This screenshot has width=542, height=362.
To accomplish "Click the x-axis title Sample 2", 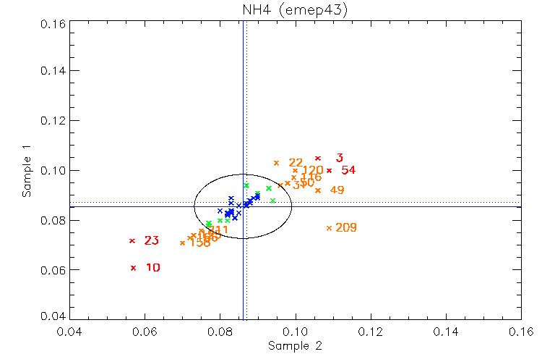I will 295,346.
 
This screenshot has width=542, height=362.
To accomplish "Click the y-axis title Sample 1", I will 27,171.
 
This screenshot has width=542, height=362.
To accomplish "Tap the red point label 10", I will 153,268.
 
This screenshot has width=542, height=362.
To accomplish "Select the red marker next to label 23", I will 132,240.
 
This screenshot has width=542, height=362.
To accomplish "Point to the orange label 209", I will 346,228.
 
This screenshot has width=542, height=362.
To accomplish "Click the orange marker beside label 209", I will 329,228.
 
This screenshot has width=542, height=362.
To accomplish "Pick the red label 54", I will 348,171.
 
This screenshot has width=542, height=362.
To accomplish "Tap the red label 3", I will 340,158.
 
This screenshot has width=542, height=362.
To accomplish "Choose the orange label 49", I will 337,190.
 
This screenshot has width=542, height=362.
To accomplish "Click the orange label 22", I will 296,163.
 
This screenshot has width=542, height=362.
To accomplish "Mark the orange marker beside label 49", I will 318,190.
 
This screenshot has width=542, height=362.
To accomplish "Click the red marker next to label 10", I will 133,268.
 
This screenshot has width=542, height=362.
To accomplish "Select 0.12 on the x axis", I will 371,334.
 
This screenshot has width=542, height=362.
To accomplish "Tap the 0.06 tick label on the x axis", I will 145,334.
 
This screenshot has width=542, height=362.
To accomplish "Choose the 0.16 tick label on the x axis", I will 521,334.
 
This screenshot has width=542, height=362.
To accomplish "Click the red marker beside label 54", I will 330,171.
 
